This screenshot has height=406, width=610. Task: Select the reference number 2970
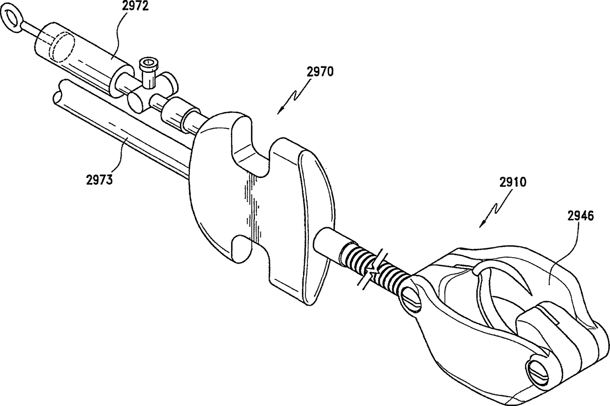[321, 72]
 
